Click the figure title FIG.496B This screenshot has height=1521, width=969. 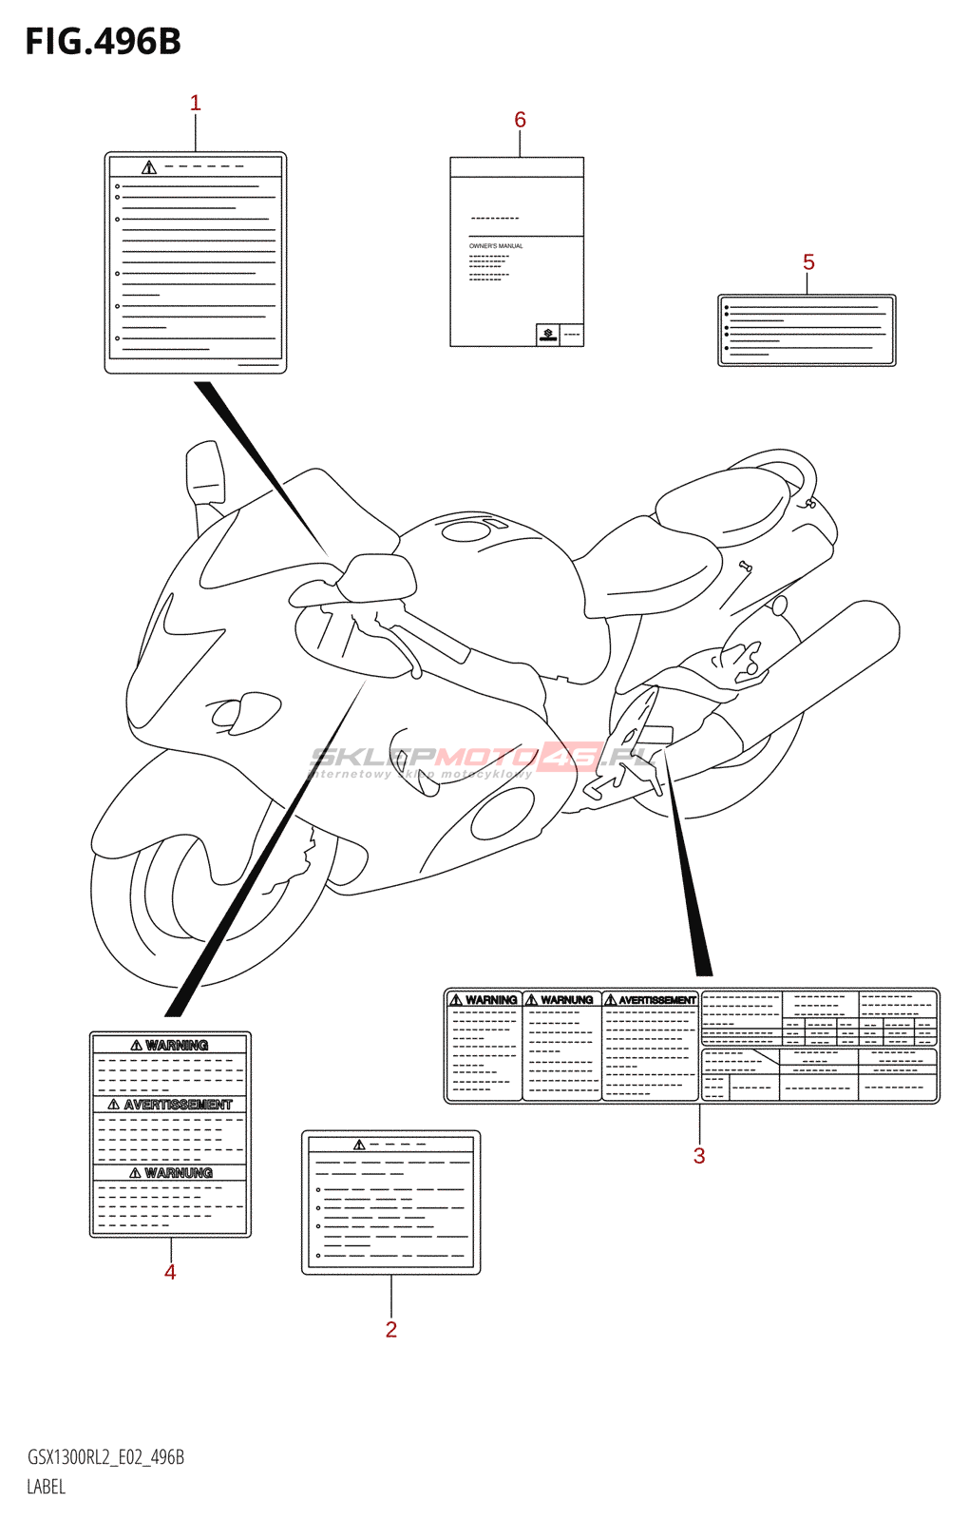(x=103, y=42)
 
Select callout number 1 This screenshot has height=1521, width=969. (x=196, y=103)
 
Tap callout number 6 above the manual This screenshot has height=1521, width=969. (x=520, y=120)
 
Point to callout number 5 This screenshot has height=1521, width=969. (x=808, y=262)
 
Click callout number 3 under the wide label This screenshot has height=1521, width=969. (x=699, y=1156)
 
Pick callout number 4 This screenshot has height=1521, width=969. (x=170, y=1272)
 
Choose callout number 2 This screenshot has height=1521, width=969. (x=391, y=1330)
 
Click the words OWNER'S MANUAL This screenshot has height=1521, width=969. (x=496, y=246)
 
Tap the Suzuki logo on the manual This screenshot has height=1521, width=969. (x=548, y=334)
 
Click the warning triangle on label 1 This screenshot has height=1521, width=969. (x=149, y=168)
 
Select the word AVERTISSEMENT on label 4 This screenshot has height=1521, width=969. (x=178, y=1105)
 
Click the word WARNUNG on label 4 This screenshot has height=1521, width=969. (x=179, y=1173)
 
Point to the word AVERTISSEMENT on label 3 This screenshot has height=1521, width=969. (x=657, y=1000)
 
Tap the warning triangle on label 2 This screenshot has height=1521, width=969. (x=359, y=1145)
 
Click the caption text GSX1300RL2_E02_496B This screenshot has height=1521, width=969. (x=105, y=1457)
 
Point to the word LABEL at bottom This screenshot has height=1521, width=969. (x=47, y=1487)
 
